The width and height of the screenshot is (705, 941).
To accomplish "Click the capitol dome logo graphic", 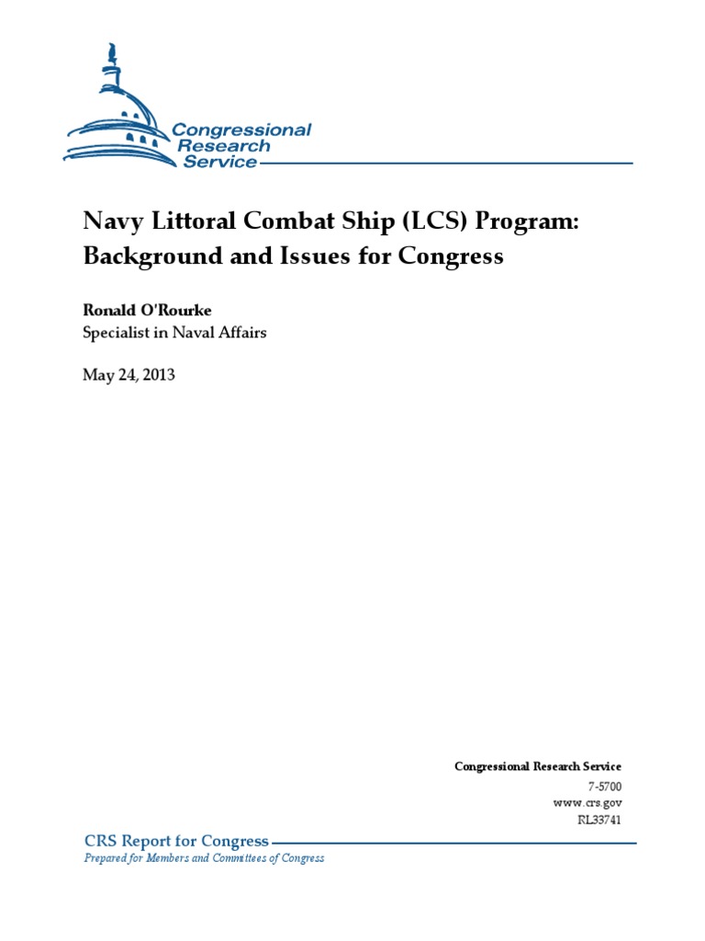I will [119, 115].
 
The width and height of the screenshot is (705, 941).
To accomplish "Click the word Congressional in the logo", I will [242, 130].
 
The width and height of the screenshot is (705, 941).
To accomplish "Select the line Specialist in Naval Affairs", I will [174, 333].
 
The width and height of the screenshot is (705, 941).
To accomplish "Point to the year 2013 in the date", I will [156, 374].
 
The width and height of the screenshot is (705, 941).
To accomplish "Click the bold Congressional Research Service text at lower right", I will [538, 766].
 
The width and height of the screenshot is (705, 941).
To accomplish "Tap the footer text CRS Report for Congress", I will [176, 841].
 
